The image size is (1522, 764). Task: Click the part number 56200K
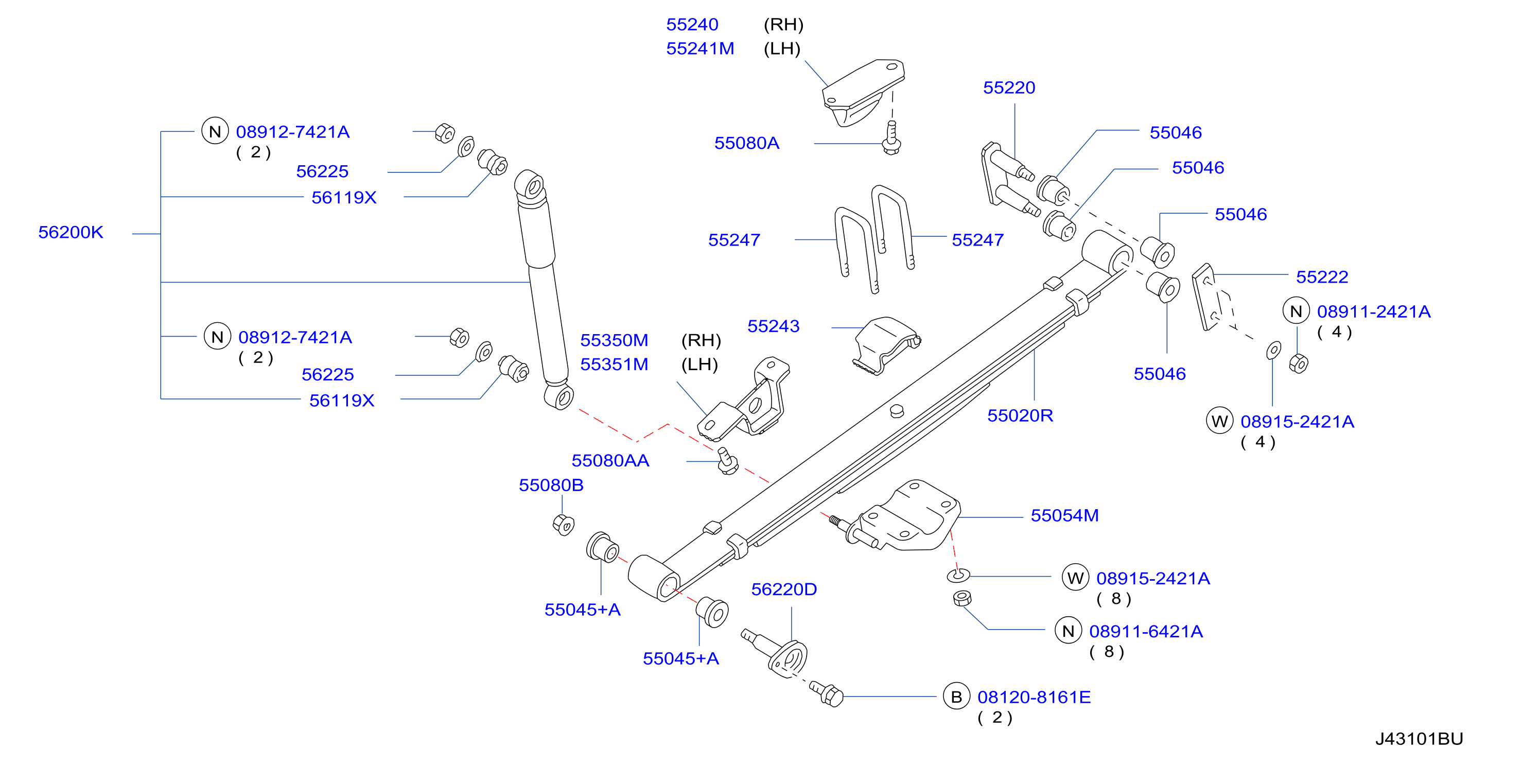point(71,232)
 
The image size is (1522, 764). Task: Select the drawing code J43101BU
point(1419,739)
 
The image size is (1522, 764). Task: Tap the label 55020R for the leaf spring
point(1020,415)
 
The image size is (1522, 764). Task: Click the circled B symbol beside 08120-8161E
point(956,697)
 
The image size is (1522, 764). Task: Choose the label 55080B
point(551,485)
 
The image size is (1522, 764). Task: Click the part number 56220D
point(783,589)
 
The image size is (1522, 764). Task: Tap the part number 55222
point(1322,277)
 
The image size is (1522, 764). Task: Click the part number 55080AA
point(610,460)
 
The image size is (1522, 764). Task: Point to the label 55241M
point(699,48)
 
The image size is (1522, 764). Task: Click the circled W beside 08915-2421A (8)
point(1075,578)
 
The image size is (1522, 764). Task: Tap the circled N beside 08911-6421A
point(1068,631)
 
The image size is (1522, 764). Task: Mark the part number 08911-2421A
point(1373,311)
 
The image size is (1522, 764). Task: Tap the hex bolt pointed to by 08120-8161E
point(826,693)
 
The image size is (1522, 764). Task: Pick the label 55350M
point(614,340)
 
